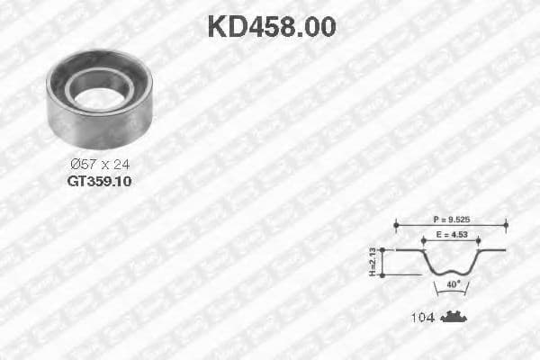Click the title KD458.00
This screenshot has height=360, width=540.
click(271, 26)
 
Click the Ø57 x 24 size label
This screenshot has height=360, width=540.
click(100, 163)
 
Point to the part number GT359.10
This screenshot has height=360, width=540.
click(99, 180)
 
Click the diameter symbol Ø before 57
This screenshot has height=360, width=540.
click(76, 163)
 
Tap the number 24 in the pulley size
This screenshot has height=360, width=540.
click(122, 163)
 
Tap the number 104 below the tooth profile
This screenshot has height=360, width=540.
click(422, 318)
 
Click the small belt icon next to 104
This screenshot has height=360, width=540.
click(455, 317)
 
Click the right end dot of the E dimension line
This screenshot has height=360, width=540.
click(478, 240)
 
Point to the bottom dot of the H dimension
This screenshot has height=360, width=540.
click(383, 274)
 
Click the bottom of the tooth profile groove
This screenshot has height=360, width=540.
click(450, 272)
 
